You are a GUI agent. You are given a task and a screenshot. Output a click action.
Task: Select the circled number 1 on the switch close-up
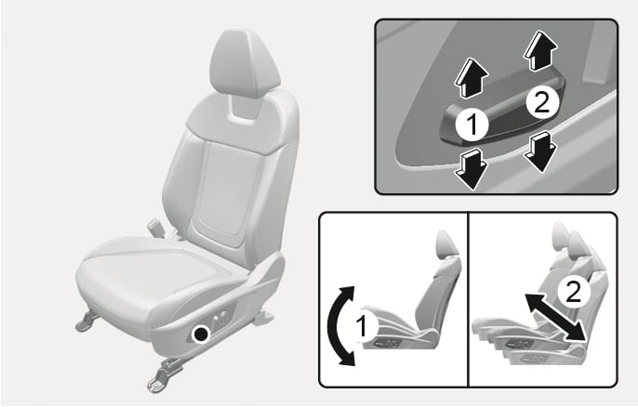point(473,122)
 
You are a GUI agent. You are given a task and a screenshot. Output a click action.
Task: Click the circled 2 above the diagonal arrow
point(574,293)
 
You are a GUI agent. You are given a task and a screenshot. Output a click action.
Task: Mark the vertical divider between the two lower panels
point(468,297)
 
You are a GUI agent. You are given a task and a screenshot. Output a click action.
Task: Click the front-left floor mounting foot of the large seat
point(85,320)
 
